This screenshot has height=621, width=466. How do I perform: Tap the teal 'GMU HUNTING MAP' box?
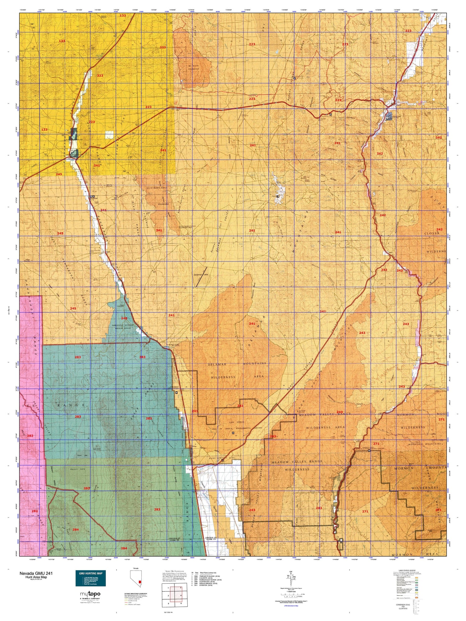[91, 578]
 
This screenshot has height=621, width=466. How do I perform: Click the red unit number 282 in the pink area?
[30, 436]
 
